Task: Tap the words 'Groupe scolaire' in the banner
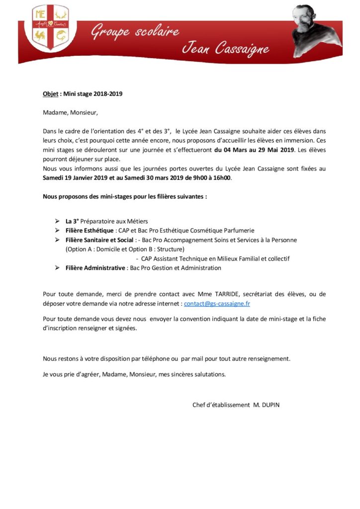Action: tap(134, 33)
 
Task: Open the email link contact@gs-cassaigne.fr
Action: tap(217, 303)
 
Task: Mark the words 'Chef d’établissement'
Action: tap(221, 405)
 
